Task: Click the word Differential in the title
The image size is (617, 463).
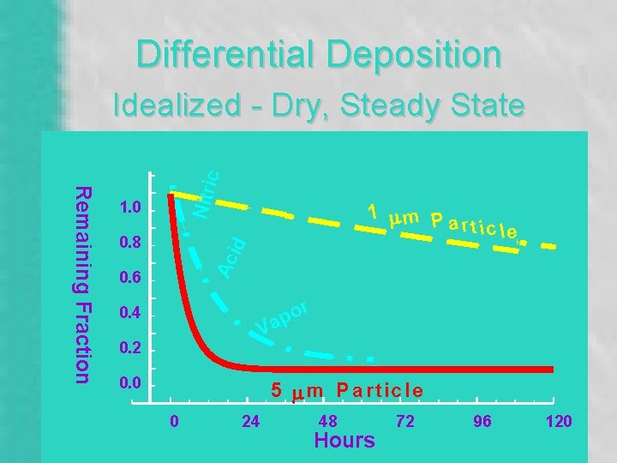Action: click(x=218, y=54)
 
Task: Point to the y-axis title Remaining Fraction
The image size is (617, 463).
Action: click(x=81, y=284)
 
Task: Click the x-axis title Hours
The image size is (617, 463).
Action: click(x=344, y=441)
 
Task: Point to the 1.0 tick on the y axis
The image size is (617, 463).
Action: click(x=130, y=209)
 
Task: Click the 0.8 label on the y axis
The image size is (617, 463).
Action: click(x=130, y=244)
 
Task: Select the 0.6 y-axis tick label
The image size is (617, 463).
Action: click(x=130, y=279)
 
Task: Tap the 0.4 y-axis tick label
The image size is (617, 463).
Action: click(x=130, y=314)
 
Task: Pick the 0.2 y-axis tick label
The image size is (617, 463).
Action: click(x=130, y=349)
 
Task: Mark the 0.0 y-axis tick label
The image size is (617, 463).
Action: click(x=130, y=383)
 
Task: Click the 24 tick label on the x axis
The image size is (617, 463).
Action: click(x=251, y=421)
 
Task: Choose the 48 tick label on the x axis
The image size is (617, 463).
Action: click(x=328, y=421)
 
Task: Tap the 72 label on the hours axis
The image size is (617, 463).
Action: click(x=404, y=421)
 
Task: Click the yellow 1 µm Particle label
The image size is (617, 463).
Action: click(x=442, y=221)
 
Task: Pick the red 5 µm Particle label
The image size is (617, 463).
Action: click(x=347, y=391)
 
